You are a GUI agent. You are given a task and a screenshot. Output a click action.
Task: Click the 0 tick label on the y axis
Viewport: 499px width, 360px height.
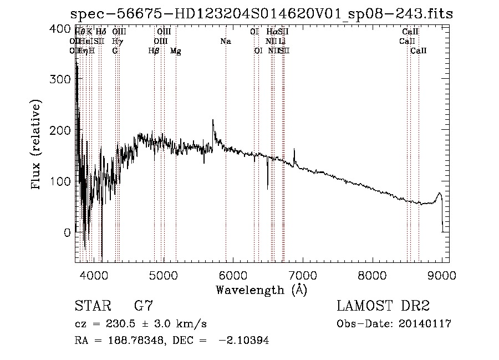(67, 232)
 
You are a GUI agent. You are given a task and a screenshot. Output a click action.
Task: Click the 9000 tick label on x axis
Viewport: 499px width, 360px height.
(442, 275)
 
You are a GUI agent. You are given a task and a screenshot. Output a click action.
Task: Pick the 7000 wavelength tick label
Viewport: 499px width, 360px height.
(303, 275)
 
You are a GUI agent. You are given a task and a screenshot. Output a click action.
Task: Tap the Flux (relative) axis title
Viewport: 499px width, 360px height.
(37, 145)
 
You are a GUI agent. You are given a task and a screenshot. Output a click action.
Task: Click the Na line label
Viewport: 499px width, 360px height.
(226, 42)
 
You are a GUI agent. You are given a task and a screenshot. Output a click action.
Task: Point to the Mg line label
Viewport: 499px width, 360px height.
(176, 51)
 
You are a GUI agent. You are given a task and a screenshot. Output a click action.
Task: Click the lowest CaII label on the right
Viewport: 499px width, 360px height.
(419, 51)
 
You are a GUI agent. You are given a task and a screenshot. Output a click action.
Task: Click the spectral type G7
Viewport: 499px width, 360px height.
(144, 306)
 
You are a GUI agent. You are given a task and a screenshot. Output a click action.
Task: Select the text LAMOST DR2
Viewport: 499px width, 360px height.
(383, 306)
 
